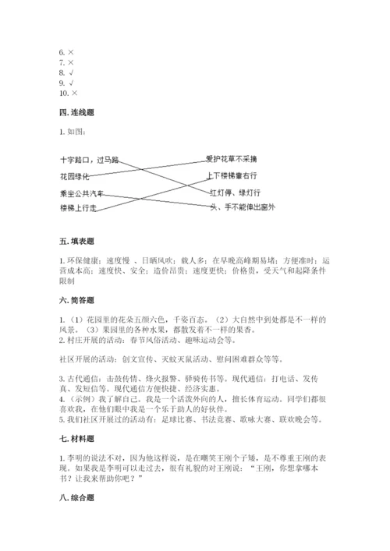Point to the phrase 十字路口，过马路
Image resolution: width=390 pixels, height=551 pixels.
[89, 159]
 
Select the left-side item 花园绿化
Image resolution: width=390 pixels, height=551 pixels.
[75, 176]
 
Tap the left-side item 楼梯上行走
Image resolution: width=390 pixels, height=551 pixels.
[78, 208]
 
